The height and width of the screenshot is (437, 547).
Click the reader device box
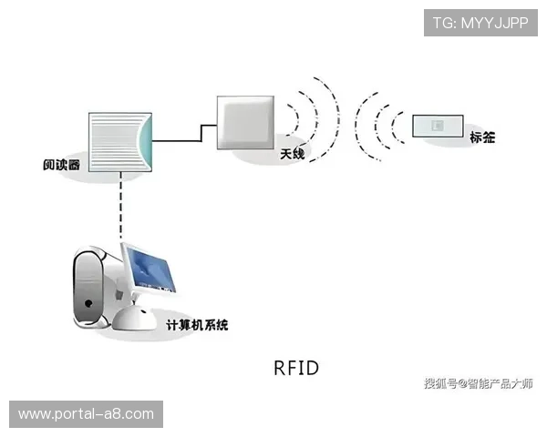(117, 141)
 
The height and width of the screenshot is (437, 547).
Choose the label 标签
(482, 137)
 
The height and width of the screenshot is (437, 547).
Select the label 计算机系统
(197, 324)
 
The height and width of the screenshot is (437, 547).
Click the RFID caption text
(296, 368)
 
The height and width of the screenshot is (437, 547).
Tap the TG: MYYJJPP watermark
(480, 23)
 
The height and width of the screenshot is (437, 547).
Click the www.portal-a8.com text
(87, 414)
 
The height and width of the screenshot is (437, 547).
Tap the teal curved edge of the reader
(145, 141)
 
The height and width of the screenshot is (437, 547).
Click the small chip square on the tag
(437, 125)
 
